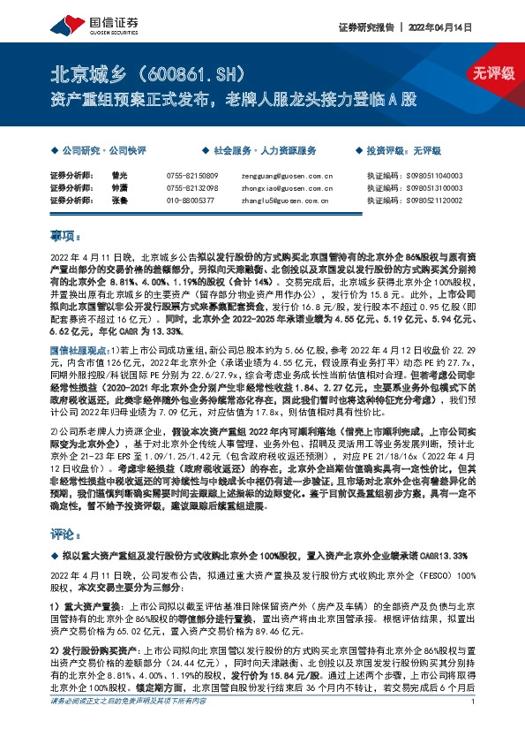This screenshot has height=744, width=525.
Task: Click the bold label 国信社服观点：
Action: point(78,327)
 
